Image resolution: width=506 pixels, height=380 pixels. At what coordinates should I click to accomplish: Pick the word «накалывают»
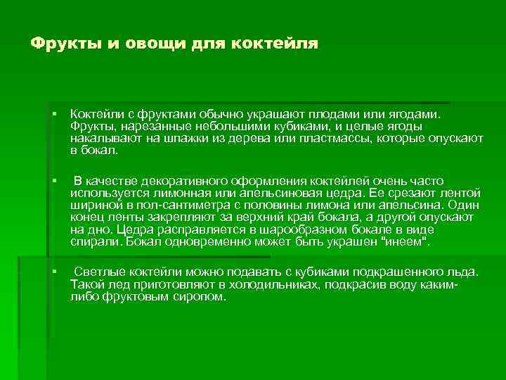pos(99,140)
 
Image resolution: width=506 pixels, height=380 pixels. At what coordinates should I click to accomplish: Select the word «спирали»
pos(95,241)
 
